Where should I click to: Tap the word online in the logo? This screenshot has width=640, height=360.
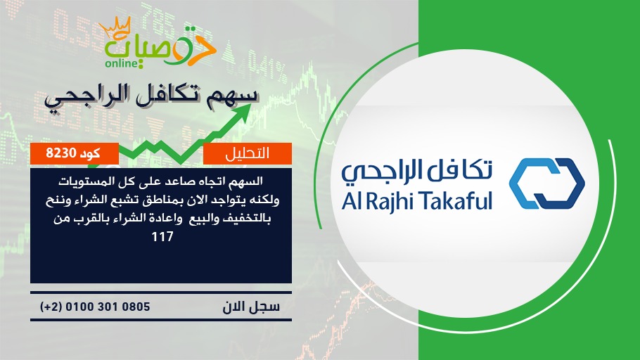click(x=120, y=63)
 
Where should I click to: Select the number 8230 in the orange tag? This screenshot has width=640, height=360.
click(x=61, y=153)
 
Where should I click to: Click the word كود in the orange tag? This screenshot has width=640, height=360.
click(x=90, y=153)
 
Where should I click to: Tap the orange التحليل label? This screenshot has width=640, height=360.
click(x=248, y=153)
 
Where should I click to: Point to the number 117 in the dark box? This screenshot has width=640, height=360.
click(x=162, y=236)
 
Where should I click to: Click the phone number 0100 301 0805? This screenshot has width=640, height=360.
click(x=108, y=307)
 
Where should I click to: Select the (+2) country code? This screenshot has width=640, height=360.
click(x=51, y=307)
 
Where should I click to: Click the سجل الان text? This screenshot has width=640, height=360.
click(x=251, y=307)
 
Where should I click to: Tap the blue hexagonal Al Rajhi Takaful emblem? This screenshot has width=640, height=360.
click(x=547, y=184)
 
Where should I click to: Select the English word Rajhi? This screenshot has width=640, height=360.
click(x=388, y=202)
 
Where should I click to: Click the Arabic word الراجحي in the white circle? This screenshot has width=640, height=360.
click(x=379, y=171)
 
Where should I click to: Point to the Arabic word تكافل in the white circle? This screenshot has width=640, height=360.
click(x=458, y=170)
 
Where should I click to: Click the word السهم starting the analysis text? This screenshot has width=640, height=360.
click(x=246, y=181)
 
